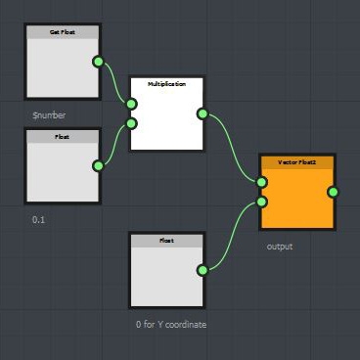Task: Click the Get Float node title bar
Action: (62, 32)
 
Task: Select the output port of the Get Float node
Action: (98, 63)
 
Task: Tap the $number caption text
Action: (49, 115)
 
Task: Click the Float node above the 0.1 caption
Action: (62, 172)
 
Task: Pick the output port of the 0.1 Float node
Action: (98, 165)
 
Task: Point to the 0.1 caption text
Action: (39, 220)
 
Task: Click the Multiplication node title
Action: (166, 85)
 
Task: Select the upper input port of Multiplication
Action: (131, 103)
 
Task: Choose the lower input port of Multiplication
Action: (131, 123)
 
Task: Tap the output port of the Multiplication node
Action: (202, 113)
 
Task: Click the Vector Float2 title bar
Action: (297, 159)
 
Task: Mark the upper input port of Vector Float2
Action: (262, 182)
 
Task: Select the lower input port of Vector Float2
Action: (262, 202)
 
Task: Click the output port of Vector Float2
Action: (333, 192)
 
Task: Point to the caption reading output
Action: (280, 247)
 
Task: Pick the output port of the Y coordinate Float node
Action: (202, 270)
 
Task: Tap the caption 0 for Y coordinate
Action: (172, 324)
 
